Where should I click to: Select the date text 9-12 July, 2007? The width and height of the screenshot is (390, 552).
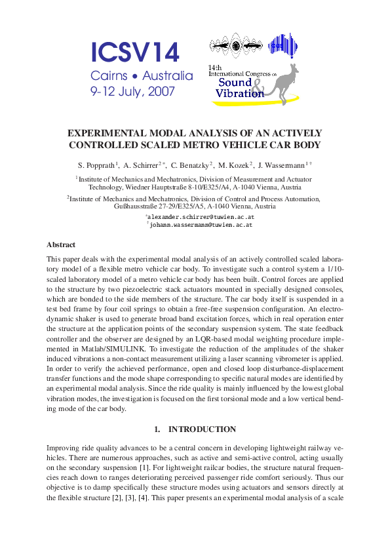(x=133, y=92)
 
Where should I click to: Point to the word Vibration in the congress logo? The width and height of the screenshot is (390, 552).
(x=239, y=94)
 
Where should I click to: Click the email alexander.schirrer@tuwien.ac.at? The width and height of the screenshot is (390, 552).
(x=201, y=216)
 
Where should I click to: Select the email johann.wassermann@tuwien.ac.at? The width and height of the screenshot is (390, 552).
(x=201, y=224)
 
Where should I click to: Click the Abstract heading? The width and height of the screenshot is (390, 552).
(x=61, y=245)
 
